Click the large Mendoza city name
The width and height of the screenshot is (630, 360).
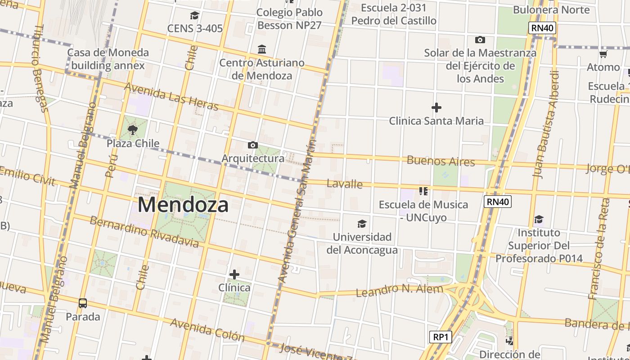coord(183,205)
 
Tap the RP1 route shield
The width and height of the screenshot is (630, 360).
coord(440,337)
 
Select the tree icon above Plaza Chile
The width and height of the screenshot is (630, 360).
coord(133,130)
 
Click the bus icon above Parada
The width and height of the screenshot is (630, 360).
coord(83,303)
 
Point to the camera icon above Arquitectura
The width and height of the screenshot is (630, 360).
coord(253,145)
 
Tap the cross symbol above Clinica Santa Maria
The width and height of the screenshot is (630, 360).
coord(436,108)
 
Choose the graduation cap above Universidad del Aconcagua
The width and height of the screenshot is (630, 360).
coord(362,224)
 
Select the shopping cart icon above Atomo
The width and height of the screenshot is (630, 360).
coord(603,54)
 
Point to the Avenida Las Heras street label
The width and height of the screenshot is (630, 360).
coord(171,96)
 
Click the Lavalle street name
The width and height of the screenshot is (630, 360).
coord(345,184)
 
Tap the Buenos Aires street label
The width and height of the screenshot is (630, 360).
coord(441,161)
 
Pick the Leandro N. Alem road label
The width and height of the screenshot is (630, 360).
coord(399,290)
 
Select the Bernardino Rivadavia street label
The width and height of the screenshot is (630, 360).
coord(144,232)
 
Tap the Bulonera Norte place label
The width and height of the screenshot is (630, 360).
coord(551,10)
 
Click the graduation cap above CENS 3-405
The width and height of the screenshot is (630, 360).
coord(194,16)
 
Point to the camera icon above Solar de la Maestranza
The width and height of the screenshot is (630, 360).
coord(480,40)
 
